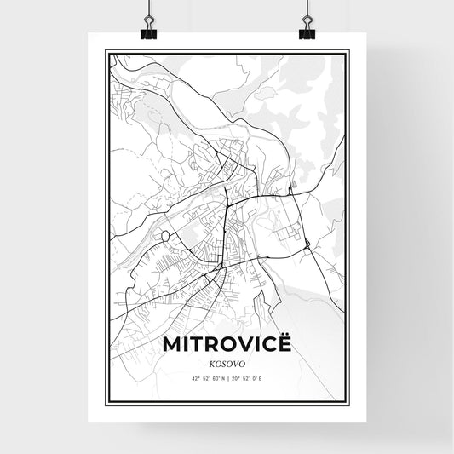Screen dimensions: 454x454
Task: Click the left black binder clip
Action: (149, 32)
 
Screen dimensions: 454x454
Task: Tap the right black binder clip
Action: (306, 32)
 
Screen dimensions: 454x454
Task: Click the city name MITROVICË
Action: (227, 345)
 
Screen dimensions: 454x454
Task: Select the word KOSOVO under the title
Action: (227, 362)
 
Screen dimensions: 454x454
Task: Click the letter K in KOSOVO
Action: (210, 362)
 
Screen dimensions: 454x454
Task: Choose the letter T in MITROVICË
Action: (196, 345)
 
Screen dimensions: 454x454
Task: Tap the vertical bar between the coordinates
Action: (227, 378)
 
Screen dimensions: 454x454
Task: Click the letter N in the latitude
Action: (221, 378)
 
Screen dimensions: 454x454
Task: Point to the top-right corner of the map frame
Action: (348, 50)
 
